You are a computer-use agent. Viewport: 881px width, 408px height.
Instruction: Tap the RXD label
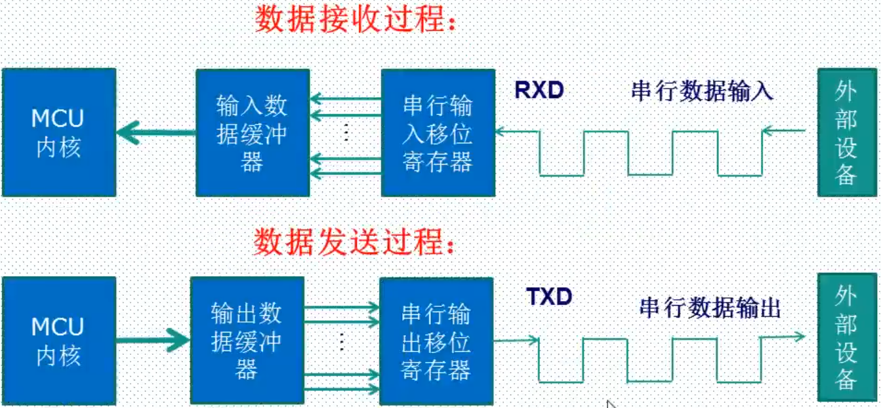pos(539,91)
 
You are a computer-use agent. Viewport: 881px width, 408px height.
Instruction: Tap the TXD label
pos(549,297)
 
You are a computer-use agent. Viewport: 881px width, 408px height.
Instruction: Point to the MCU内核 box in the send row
pos(59,340)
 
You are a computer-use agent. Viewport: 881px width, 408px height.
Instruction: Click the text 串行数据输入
pos(702,91)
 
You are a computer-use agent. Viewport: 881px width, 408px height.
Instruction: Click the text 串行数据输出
pos(710,308)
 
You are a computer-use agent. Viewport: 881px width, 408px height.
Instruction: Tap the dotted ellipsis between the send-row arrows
pos(342,341)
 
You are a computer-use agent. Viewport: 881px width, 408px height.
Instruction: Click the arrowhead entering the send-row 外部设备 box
pos(800,337)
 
